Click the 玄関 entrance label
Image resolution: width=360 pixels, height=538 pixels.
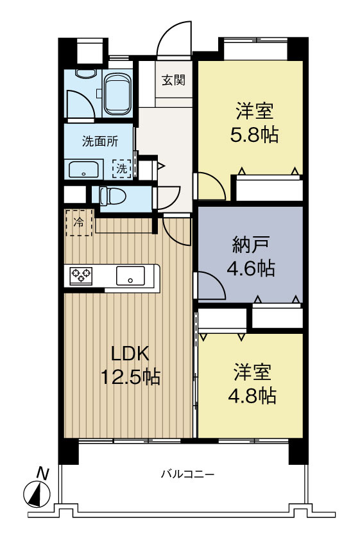pos(173,80)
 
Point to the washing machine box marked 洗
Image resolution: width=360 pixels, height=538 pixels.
pos(121,169)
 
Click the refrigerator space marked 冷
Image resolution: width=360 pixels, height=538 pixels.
pos(79,223)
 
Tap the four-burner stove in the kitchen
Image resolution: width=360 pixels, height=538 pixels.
pos(81,275)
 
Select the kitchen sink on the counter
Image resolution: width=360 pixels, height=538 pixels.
pos(130,277)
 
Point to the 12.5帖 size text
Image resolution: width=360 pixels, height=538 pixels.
pos(130,376)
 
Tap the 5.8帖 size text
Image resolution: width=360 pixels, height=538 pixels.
pos(251,135)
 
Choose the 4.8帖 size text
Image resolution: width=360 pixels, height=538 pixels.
pos(251,395)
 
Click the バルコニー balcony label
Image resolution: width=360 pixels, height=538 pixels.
pos(187,474)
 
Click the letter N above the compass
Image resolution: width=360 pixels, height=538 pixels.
pos(42,473)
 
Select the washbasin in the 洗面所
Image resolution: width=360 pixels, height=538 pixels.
pos(83,171)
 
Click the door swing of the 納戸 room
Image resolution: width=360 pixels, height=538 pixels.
pos(210,286)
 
